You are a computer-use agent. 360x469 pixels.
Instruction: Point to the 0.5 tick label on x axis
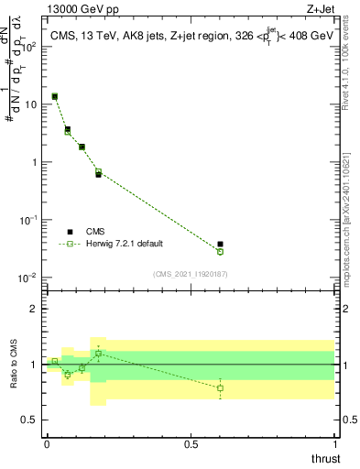[x=191, y=444]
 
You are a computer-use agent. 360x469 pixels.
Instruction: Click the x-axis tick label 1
[x=335, y=444]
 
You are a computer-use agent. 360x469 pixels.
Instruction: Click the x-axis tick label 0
[x=47, y=444]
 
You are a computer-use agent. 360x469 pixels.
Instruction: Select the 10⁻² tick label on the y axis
[x=29, y=278]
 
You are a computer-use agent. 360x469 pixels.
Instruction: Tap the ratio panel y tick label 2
[x=35, y=309]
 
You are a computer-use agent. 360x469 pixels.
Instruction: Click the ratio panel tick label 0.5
[x=30, y=421]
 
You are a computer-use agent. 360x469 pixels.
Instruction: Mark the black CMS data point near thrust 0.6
[x=220, y=245]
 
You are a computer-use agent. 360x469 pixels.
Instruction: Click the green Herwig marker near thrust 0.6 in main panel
[x=220, y=252]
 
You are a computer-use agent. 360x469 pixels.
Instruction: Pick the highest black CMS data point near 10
[x=55, y=96]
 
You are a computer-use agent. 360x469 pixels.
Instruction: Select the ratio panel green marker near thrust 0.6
[x=220, y=388]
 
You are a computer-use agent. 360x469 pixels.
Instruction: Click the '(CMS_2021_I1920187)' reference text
[x=191, y=274]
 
